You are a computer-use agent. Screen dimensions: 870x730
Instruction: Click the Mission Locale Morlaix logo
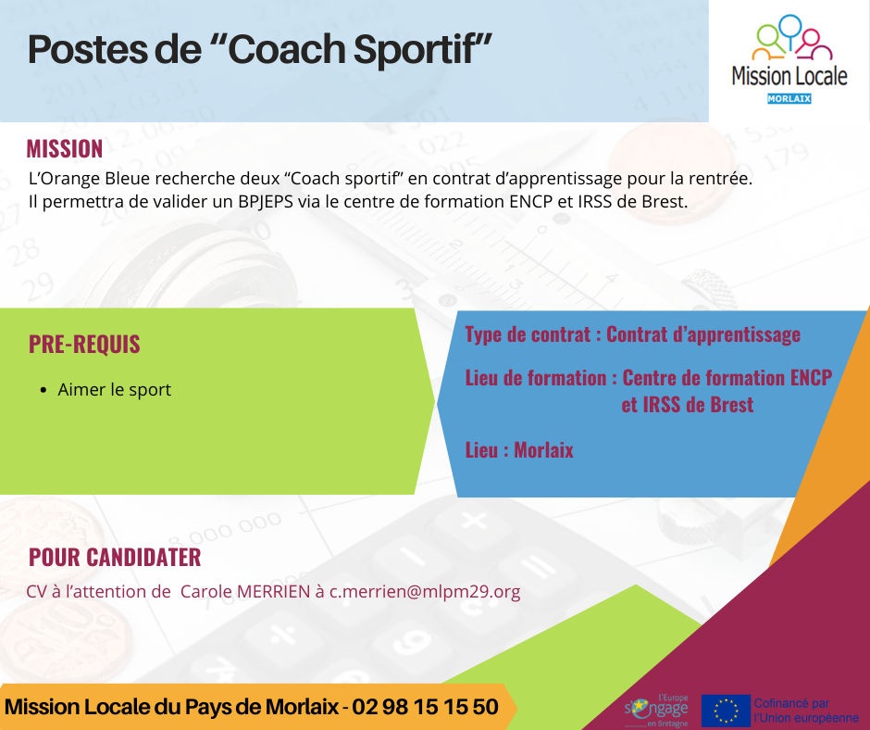(x=789, y=59)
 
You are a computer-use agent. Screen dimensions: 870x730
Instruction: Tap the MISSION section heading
(x=65, y=149)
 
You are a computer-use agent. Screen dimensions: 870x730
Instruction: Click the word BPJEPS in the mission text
(x=266, y=201)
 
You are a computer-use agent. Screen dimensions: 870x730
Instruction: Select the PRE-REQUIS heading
(x=84, y=344)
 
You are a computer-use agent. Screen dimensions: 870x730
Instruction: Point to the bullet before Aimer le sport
(x=43, y=391)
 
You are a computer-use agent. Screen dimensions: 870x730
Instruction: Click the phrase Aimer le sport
(x=114, y=390)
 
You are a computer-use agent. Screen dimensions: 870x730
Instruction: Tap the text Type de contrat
(x=528, y=334)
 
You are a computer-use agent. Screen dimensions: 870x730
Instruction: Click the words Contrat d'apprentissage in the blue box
(x=703, y=334)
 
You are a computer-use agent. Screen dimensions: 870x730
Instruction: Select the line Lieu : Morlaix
(x=519, y=450)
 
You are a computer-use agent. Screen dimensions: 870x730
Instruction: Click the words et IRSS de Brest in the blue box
(x=688, y=405)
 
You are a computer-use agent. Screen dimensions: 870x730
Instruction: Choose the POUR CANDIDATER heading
(x=115, y=557)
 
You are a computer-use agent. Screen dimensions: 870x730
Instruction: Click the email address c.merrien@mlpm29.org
(x=425, y=592)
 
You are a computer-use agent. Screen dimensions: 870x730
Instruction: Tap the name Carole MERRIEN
(x=245, y=592)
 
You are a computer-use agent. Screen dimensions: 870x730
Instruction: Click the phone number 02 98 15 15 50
(x=425, y=707)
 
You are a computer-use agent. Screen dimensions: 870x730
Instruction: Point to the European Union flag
(x=726, y=711)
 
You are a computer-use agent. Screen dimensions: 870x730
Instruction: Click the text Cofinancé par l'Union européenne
(x=806, y=711)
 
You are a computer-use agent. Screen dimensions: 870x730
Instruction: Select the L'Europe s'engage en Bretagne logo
(x=656, y=710)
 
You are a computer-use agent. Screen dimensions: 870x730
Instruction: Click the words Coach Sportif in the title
(x=359, y=49)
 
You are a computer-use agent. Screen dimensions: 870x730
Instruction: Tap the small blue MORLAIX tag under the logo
(x=789, y=99)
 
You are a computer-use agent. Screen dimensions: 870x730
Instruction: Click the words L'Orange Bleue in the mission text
(x=89, y=179)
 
